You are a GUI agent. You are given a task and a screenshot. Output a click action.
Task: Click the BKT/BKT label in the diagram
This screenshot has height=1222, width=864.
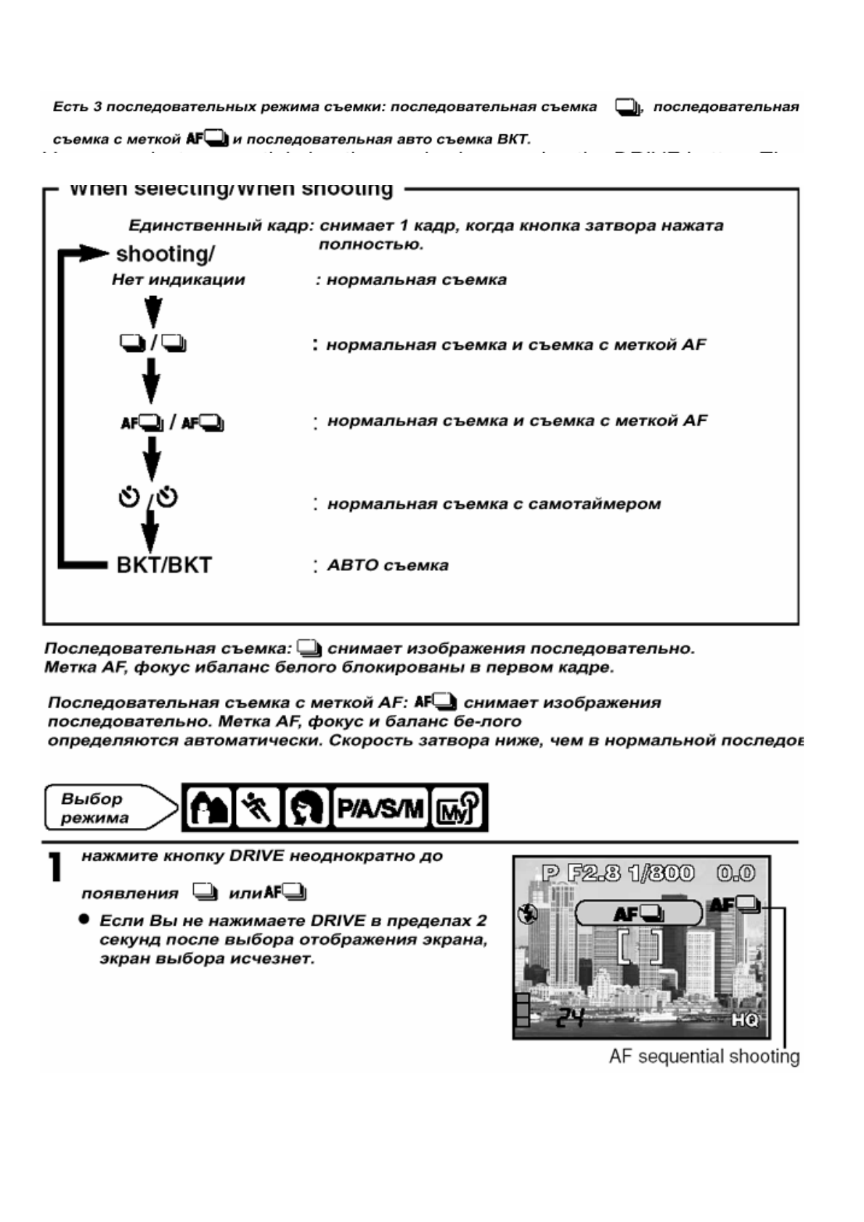pyautogui.click(x=164, y=565)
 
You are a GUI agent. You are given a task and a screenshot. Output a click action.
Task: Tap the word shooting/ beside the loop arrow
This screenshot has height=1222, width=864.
pyautogui.click(x=165, y=254)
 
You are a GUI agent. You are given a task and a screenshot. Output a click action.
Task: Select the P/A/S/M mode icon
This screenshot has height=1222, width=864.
pyautogui.click(x=380, y=808)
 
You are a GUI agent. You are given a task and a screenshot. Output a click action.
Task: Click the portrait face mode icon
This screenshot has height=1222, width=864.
pyautogui.click(x=306, y=808)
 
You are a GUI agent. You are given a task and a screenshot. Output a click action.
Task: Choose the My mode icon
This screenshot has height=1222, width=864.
pyautogui.click(x=458, y=808)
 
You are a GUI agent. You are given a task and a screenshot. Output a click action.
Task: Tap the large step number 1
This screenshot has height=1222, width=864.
pyautogui.click(x=54, y=867)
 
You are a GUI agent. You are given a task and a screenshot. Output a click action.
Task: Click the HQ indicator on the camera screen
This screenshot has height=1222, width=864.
pyautogui.click(x=744, y=1020)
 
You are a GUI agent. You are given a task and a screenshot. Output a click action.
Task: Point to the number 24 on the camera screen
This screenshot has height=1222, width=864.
pyautogui.click(x=570, y=1020)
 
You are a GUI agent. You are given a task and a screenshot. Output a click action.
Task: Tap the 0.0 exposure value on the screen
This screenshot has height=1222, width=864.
pyautogui.click(x=735, y=872)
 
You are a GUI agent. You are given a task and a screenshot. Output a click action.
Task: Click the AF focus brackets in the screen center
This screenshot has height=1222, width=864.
pyautogui.click(x=640, y=947)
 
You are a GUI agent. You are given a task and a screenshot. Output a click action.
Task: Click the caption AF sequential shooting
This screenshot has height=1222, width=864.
pyautogui.click(x=704, y=1057)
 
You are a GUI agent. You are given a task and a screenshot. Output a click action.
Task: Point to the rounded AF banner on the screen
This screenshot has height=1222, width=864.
pyautogui.click(x=638, y=914)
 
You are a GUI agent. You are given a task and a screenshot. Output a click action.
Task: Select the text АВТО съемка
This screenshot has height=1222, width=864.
pyautogui.click(x=388, y=565)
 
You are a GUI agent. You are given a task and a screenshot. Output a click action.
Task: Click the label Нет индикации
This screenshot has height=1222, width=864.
pyautogui.click(x=179, y=280)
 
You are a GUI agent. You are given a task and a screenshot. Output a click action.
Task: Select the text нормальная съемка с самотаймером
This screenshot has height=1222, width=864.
pyautogui.click(x=494, y=504)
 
